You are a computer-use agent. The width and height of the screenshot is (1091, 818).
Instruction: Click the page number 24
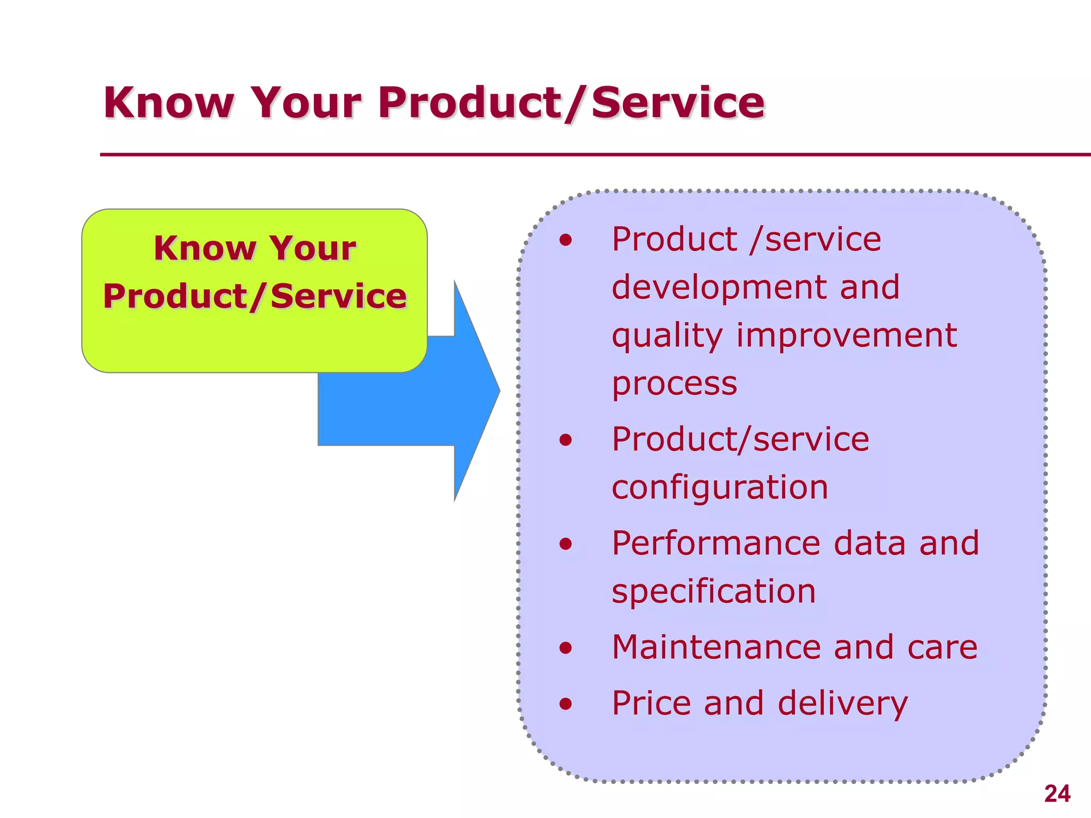click(1057, 794)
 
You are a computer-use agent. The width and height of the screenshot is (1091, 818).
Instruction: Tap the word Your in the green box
click(312, 248)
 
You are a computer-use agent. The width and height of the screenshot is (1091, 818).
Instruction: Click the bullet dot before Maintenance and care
click(566, 648)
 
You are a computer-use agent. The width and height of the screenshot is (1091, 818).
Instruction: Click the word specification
click(713, 592)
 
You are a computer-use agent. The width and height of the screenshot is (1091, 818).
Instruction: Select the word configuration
click(720, 487)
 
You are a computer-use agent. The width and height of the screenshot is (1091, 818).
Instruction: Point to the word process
click(674, 384)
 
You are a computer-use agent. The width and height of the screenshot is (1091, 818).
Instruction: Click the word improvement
click(846, 336)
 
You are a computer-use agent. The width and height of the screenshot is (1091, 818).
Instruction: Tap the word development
click(719, 288)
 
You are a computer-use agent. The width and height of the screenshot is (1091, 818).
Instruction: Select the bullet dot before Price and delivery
click(566, 704)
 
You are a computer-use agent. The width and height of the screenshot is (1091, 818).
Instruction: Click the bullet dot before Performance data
click(566, 544)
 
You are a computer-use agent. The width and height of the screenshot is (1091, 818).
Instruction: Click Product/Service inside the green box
click(255, 296)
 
